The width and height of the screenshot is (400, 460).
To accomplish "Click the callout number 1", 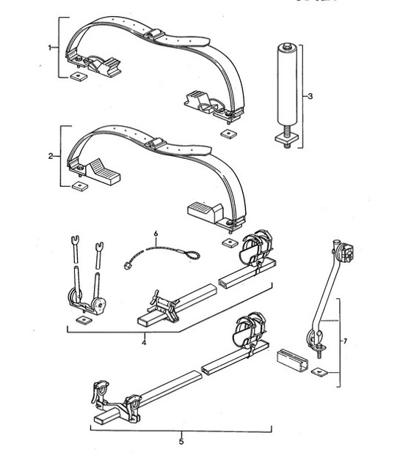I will [50, 47].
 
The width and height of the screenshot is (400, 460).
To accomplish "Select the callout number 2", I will [50, 157].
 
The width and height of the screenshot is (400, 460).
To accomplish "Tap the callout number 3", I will [310, 96].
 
